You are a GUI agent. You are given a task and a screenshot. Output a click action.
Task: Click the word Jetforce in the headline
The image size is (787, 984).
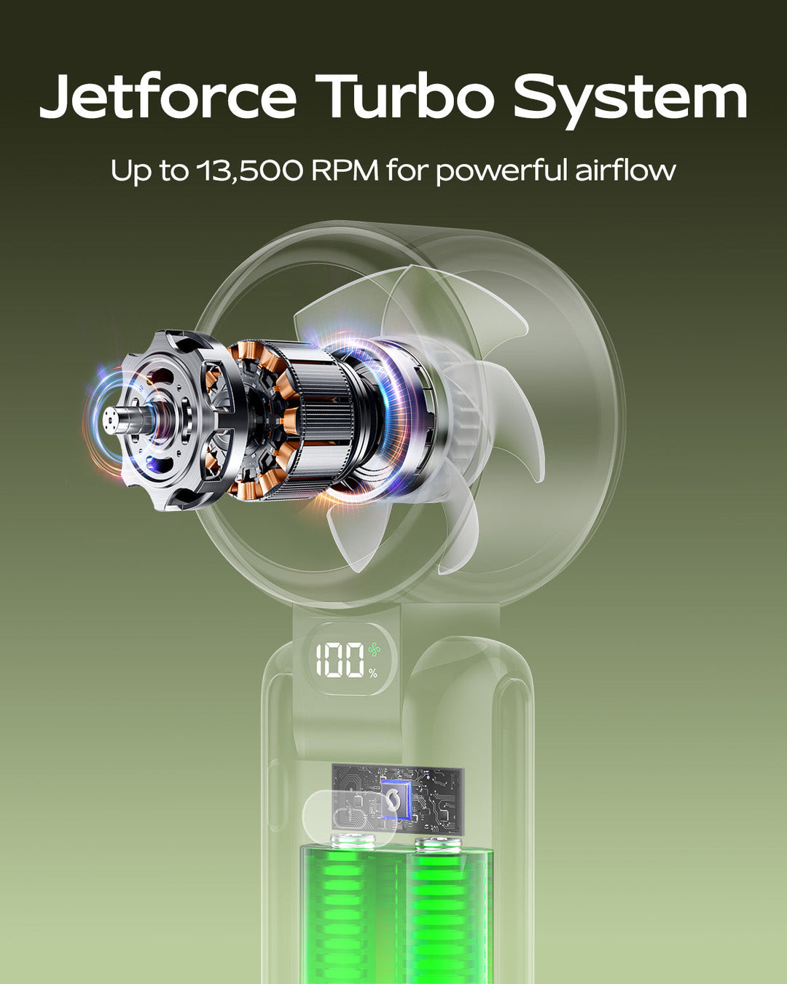168,97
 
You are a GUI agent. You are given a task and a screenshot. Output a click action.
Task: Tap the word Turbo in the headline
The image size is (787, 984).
404,96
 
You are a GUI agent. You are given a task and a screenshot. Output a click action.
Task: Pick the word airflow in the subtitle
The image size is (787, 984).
625,169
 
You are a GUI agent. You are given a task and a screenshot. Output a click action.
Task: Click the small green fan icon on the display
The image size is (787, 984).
374,649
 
